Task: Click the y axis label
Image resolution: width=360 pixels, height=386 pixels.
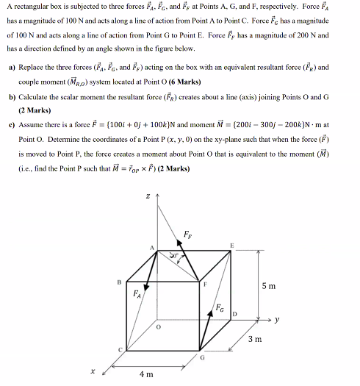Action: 278,319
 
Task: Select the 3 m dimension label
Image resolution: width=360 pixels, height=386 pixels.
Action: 253,339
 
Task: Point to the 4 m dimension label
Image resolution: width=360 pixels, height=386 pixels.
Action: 145,374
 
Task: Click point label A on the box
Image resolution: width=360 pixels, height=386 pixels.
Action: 153,249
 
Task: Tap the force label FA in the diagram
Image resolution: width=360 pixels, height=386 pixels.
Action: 135,295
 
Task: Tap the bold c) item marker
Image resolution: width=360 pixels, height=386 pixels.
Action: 12,125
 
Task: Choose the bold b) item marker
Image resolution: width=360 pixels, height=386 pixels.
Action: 12,97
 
